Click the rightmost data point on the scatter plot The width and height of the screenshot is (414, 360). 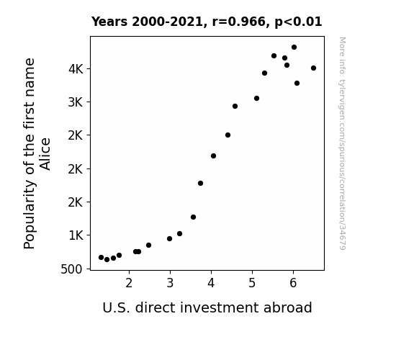pos(313,68)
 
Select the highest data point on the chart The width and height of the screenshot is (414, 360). pos(294,48)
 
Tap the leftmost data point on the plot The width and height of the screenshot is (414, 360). pos(101,257)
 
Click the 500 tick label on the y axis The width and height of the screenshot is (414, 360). pos(71,269)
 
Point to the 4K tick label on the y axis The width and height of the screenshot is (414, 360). pos(76,69)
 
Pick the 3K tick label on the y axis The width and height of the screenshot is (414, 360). pos(76,102)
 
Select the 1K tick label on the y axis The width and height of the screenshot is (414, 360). pos(76,235)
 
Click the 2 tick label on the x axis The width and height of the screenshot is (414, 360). pos(129,283)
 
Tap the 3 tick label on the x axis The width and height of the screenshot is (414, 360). pos(170,283)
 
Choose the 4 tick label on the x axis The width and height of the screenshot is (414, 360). pos(211,283)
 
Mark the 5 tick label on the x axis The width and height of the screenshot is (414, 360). pos(252,283)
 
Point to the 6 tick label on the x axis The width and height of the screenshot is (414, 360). pos(293,283)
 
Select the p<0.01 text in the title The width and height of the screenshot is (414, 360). pos(298,22)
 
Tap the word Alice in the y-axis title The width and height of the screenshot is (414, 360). pos(45,154)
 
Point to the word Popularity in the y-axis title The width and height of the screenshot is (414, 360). pos(30,215)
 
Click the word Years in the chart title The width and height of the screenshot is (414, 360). pos(109,22)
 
